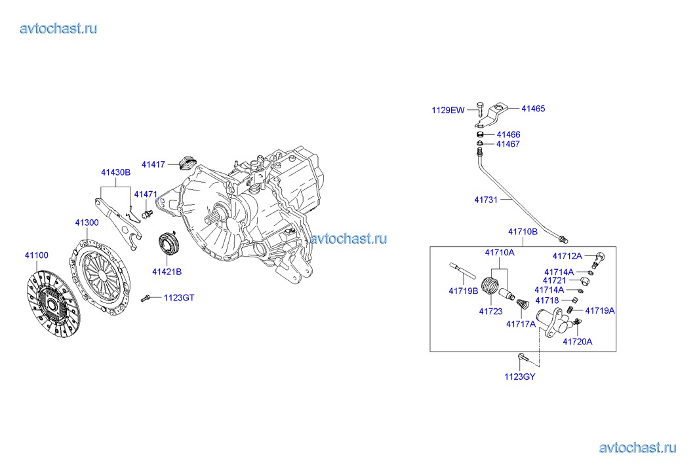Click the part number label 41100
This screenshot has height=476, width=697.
37,255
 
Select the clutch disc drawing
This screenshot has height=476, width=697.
53,303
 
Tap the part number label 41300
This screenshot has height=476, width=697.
87,223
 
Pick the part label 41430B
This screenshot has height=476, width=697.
115,172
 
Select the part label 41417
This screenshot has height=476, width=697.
153,164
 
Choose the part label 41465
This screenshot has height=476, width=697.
533,108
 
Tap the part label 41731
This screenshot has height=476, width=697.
486,200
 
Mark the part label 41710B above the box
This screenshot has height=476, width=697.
523,231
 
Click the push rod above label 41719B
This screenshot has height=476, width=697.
463,270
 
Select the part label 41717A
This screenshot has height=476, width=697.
521,324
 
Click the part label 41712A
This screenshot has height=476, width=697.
567,256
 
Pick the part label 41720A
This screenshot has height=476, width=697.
578,342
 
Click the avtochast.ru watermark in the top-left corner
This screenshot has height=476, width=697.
58,28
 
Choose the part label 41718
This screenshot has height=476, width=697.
548,300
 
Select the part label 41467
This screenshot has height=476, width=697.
508,144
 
